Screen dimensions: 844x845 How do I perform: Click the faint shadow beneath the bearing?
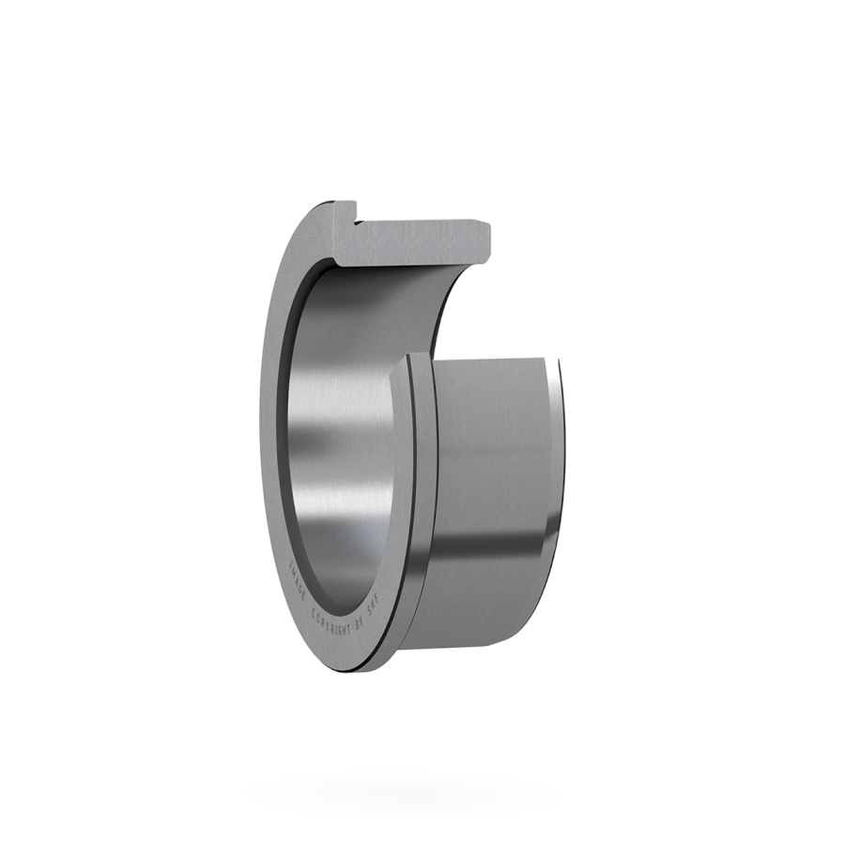coord(422,789)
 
